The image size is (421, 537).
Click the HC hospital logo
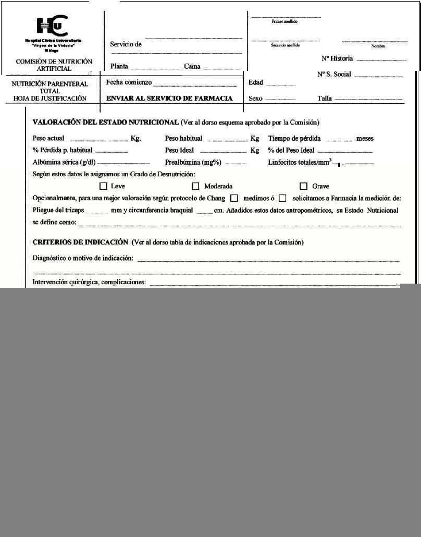coord(52,26)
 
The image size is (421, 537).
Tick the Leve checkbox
coord(103,186)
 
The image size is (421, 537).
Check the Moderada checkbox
coord(196,186)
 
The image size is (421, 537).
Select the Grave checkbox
coord(304,186)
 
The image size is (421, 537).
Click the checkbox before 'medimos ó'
coord(234,198)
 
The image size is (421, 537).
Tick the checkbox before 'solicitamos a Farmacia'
coord(282,198)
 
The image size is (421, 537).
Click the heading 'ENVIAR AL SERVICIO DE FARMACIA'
coord(169,98)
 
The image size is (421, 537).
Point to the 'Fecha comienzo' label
coord(129,82)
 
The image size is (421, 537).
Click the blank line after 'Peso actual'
coord(99,140)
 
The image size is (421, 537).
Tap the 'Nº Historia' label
coord(337,58)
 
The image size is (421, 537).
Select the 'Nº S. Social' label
coord(334,74)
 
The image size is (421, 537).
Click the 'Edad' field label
coord(256,83)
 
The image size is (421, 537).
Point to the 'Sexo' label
coord(255,99)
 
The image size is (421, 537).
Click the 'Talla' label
coord(325,99)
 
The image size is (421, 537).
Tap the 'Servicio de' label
coord(126,44)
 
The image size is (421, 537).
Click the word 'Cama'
coord(192,66)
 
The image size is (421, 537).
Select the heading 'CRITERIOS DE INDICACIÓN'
coord(80,242)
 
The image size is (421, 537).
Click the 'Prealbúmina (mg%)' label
coord(193,162)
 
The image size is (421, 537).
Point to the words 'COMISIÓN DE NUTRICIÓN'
coord(54,61)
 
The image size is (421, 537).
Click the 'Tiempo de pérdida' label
coord(294,139)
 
